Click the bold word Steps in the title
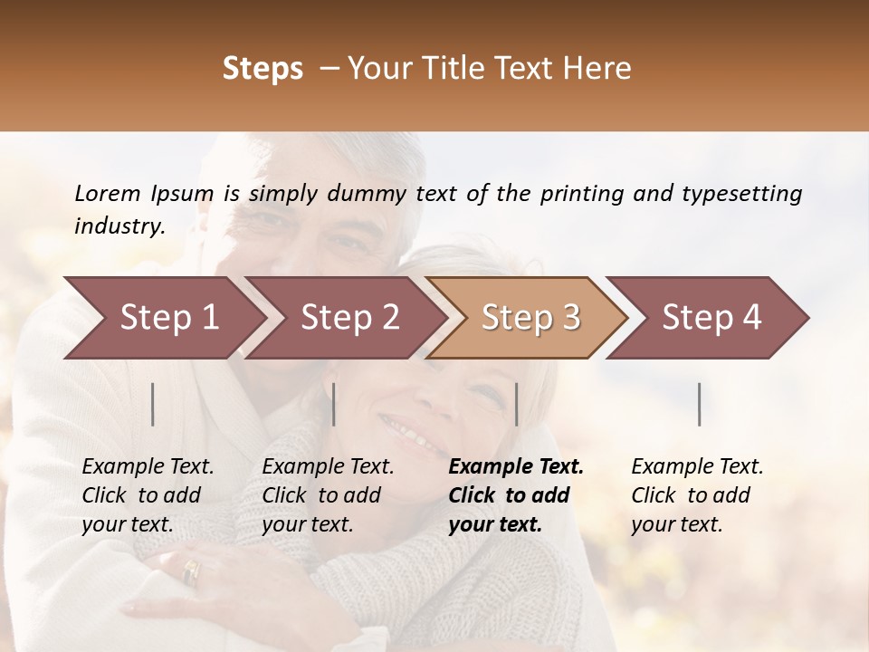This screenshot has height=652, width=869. pyautogui.click(x=263, y=69)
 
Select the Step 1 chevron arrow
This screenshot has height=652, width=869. pyautogui.click(x=163, y=318)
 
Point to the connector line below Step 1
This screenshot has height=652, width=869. pyautogui.click(x=153, y=404)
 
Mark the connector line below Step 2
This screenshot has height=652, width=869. pyautogui.click(x=334, y=404)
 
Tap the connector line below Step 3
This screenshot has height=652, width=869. pyautogui.click(x=516, y=404)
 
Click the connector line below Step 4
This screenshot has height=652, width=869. pyautogui.click(x=700, y=404)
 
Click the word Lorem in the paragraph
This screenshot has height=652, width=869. pyautogui.click(x=108, y=194)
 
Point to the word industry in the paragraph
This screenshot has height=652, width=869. pyautogui.click(x=118, y=226)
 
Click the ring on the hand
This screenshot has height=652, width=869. pyautogui.click(x=191, y=571)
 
